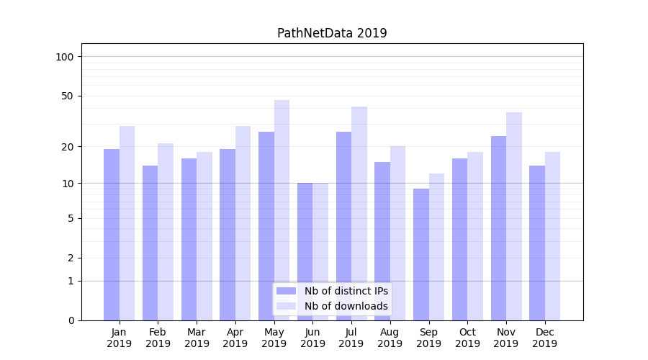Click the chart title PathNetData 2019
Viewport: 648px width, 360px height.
pyautogui.click(x=332, y=33)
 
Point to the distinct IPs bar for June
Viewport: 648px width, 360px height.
pyautogui.click(x=305, y=251)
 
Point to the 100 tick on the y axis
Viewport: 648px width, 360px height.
pyautogui.click(x=65, y=57)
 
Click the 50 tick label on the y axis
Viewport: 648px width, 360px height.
pyautogui.click(x=68, y=96)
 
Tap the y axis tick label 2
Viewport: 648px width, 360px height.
pyautogui.click(x=71, y=258)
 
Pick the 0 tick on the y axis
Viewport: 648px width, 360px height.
pyautogui.click(x=71, y=320)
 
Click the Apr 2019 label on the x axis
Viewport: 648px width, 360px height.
pyautogui.click(x=235, y=338)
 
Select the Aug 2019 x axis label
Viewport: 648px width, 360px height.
pyautogui.click(x=390, y=338)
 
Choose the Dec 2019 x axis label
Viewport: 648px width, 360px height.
pyautogui.click(x=544, y=338)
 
